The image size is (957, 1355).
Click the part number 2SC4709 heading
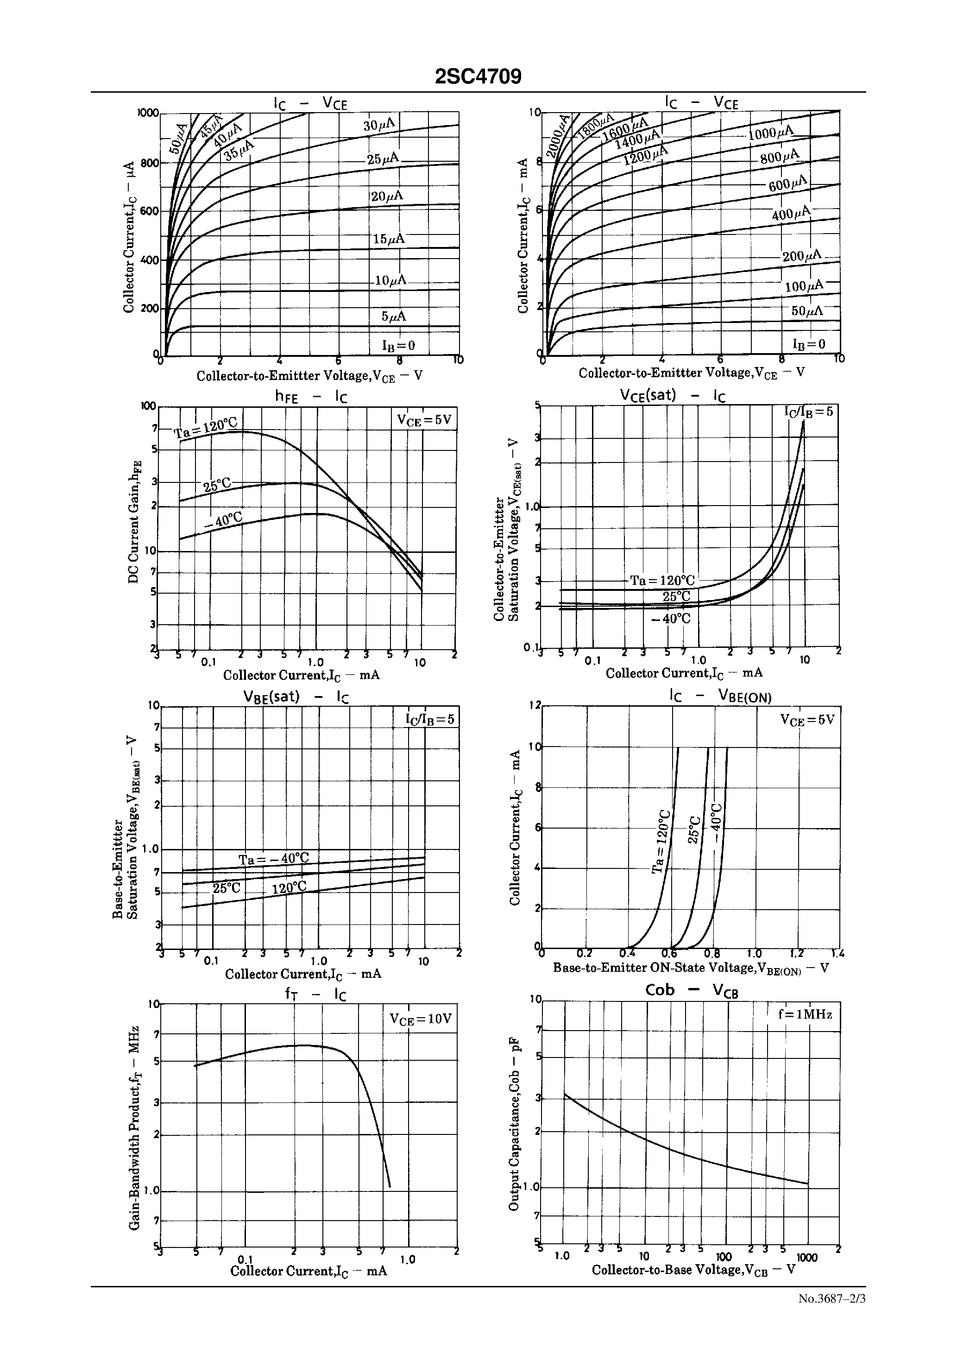(478, 77)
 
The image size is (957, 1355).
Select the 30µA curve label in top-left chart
(379, 125)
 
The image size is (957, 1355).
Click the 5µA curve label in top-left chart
(394, 317)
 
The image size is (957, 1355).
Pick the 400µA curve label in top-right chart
(791, 214)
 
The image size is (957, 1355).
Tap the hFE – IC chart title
(311, 397)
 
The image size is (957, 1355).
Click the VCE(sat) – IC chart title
(673, 395)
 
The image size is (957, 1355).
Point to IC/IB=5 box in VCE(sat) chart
(808, 412)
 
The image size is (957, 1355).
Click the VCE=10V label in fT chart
(420, 1019)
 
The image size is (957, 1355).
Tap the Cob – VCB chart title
(692, 990)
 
